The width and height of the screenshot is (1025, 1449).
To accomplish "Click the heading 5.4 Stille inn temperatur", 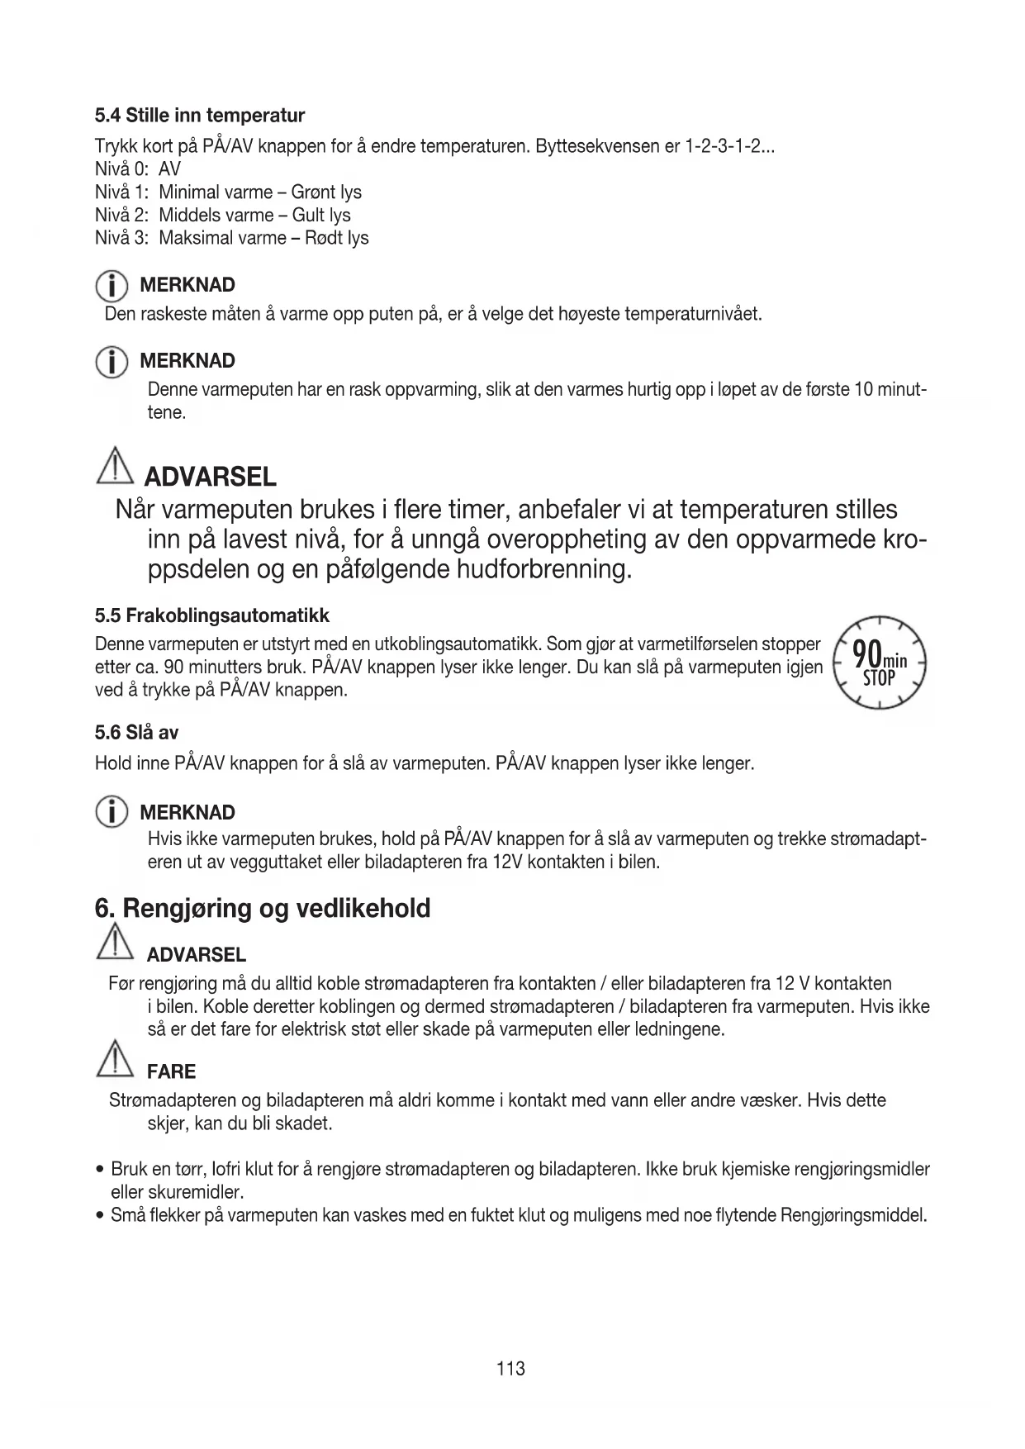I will tap(200, 115).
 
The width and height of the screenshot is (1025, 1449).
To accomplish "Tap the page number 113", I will tap(511, 1369).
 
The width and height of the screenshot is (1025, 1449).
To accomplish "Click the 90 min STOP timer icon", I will tap(880, 663).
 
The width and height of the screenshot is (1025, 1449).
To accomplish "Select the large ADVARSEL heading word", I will tap(210, 477).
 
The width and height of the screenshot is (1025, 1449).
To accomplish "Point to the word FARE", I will tap(171, 1072).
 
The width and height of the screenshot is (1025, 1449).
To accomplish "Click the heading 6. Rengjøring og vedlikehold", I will tap(263, 909).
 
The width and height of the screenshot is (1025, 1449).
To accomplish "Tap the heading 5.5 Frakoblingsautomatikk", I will tap(212, 615).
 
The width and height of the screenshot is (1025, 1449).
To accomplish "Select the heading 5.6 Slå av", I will tap(137, 733).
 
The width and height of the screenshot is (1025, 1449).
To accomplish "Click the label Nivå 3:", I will tap(122, 238).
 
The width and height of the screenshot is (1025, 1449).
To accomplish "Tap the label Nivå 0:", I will tap(122, 169).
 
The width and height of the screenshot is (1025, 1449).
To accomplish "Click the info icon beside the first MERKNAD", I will tap(111, 286).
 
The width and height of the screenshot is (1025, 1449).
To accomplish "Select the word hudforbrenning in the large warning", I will tap(543, 569).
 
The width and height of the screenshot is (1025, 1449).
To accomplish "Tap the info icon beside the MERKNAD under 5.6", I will tap(111, 813).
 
